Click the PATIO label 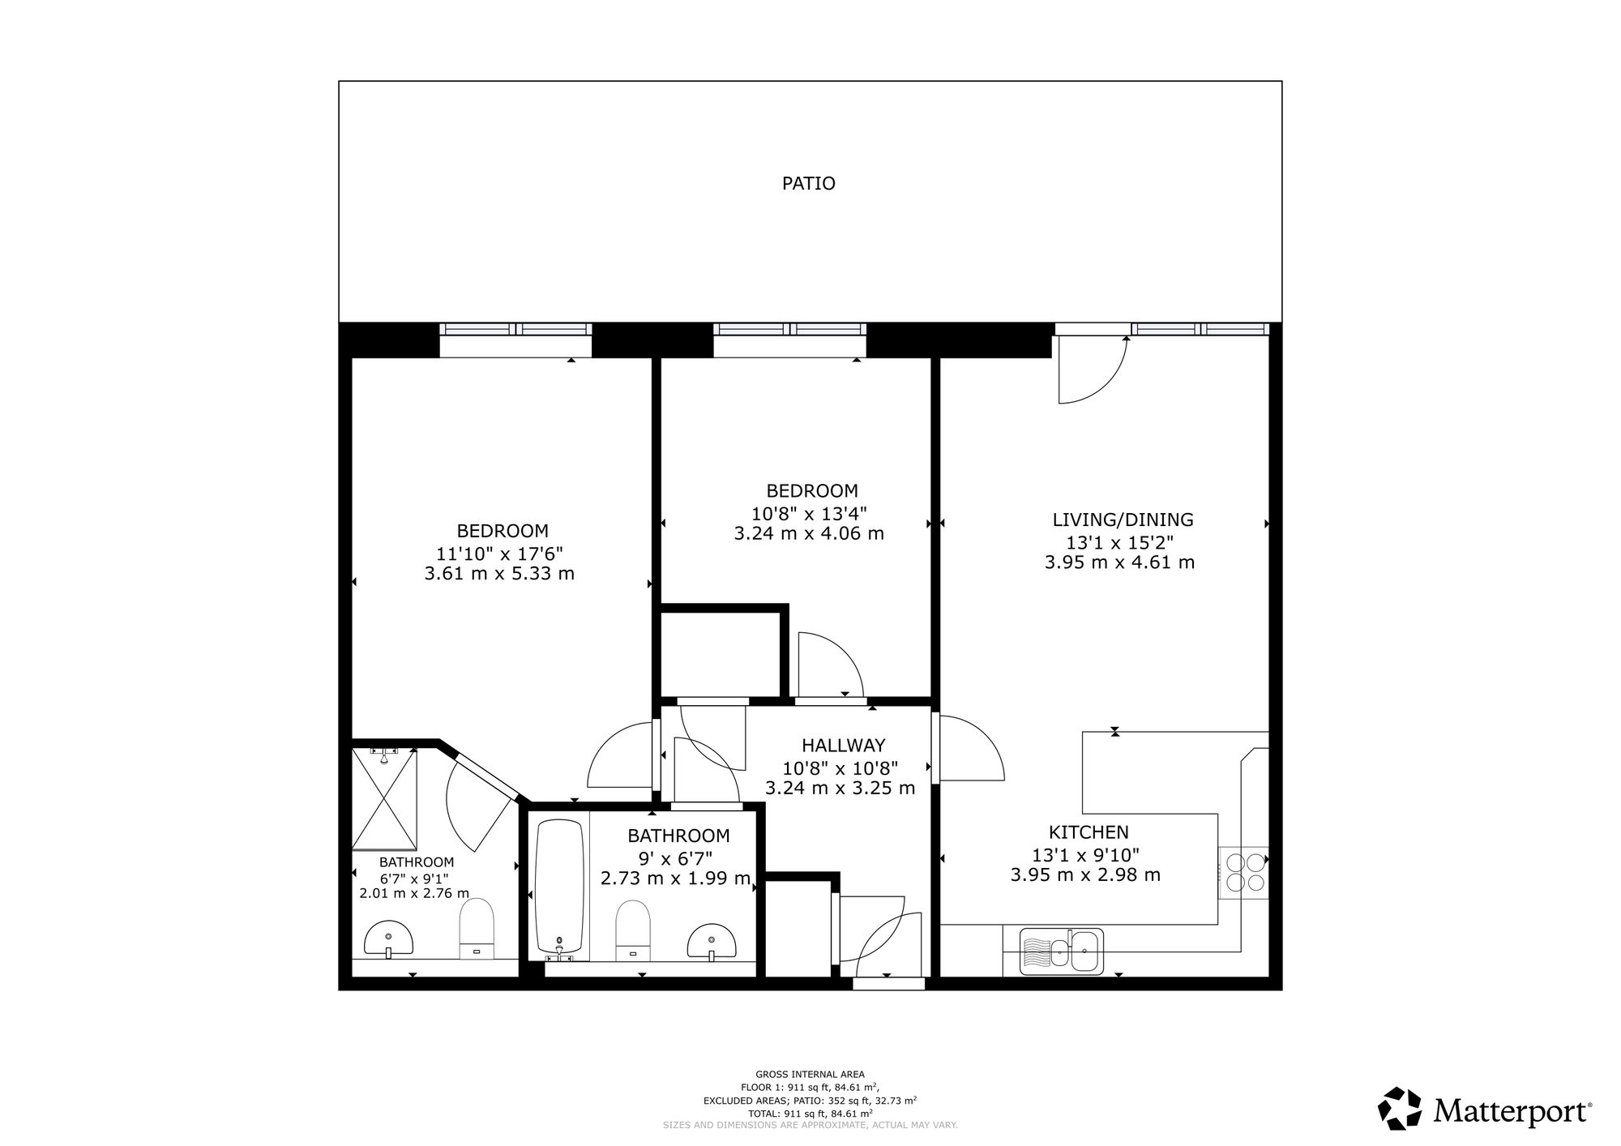pos(808,183)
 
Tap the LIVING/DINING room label pos(1123,520)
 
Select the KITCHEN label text pos(1089,832)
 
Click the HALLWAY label pos(843,745)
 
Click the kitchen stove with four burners pos(1244,872)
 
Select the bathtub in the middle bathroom pos(559,888)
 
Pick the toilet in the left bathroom pos(477,928)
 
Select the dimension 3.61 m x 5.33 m pos(499,574)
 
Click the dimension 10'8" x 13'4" pos(809,513)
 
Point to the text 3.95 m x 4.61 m pos(1119,562)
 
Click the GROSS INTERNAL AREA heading pos(810,1075)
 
